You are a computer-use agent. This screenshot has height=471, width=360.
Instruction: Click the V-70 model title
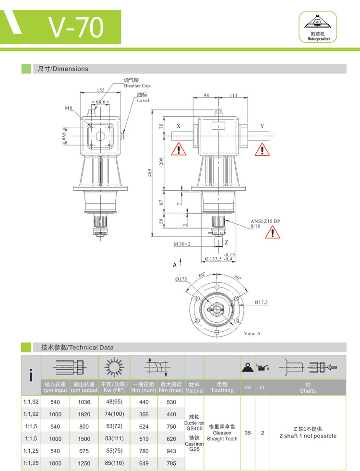coord(76,27)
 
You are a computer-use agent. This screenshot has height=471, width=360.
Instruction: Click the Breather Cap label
coord(137,86)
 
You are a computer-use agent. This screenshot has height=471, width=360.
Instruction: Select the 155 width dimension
coord(101,90)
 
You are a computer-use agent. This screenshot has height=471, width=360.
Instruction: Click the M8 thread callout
coord(69,108)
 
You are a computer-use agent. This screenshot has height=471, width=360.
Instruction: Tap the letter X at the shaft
coord(179,126)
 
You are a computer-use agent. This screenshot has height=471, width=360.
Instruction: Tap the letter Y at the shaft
coord(262,126)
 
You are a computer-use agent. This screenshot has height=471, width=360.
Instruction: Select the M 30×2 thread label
coord(182,244)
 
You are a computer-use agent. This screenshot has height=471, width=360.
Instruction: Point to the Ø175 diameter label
coord(181,278)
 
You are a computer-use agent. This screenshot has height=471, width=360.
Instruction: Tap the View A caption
coord(252,334)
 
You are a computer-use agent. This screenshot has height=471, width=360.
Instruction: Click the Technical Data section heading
coord(77,347)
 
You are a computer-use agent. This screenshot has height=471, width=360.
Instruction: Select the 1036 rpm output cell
coord(84,402)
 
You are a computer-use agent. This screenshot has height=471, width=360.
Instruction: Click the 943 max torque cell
coord(171,451)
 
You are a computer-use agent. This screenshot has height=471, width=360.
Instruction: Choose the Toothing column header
coord(222,387)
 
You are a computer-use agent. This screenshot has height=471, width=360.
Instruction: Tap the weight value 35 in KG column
coord(248,433)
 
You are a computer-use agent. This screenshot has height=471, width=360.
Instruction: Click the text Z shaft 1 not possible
coord(308,436)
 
